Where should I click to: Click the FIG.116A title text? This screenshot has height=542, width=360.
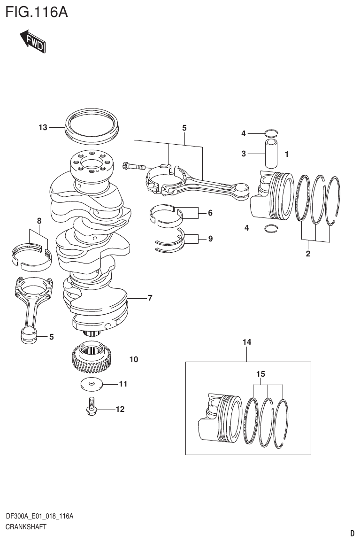click(x=37, y=11)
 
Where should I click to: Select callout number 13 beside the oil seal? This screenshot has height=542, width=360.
click(x=43, y=127)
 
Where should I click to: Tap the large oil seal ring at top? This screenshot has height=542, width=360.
click(x=92, y=126)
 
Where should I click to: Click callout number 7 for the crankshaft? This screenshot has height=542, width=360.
click(x=150, y=298)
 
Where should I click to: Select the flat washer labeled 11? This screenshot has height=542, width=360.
click(x=92, y=384)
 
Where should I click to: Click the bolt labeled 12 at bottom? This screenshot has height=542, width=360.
click(x=92, y=407)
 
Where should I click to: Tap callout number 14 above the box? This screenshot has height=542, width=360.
click(x=247, y=343)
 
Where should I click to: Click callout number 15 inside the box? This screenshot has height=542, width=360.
click(x=261, y=374)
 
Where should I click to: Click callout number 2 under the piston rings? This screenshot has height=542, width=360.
click(x=308, y=255)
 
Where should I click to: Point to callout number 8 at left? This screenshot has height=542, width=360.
click(x=39, y=220)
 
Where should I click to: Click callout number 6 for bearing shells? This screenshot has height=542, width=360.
click(x=210, y=213)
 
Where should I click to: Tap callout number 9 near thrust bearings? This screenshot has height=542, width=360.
click(x=210, y=239)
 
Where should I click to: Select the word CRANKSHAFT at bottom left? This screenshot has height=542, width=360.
click(x=26, y=527)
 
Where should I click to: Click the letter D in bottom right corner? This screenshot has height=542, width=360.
click(x=352, y=533)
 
